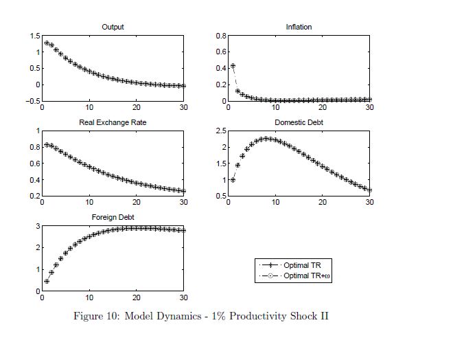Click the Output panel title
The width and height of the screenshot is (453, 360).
pyautogui.click(x=113, y=27)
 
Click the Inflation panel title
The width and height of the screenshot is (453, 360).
pyautogui.click(x=299, y=27)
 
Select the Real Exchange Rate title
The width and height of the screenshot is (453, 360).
pyautogui.click(x=113, y=122)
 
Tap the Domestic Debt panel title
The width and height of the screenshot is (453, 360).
pyautogui.click(x=299, y=122)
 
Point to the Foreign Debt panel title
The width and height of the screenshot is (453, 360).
pyautogui.click(x=113, y=217)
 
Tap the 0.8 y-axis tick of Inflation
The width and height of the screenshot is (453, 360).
pyautogui.click(x=222, y=36)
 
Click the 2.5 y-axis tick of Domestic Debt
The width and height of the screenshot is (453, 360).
pyautogui.click(x=222, y=131)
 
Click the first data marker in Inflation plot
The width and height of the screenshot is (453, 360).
pyautogui.click(x=233, y=66)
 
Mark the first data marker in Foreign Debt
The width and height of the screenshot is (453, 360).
pyautogui.click(x=47, y=281)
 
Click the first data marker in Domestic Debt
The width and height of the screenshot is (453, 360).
pyautogui.click(x=233, y=180)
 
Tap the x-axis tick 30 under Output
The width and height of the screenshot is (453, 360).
pyautogui.click(x=183, y=108)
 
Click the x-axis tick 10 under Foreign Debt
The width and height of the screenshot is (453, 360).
pyautogui.click(x=89, y=297)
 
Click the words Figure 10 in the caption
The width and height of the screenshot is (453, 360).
pyautogui.click(x=95, y=317)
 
